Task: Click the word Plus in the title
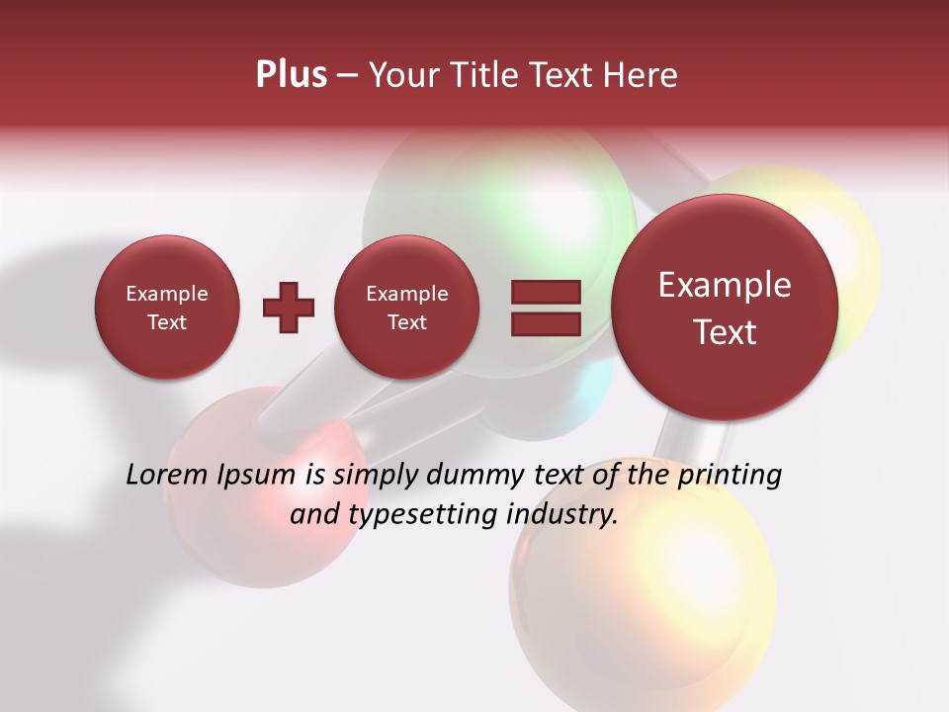(291, 75)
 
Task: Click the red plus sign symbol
(289, 308)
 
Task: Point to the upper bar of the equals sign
(546, 292)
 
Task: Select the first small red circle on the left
(167, 308)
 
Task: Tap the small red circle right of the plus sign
(406, 308)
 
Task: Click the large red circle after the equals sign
(725, 308)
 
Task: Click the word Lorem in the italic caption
(167, 476)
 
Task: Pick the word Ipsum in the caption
(257, 476)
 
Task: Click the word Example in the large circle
(725, 285)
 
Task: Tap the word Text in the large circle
(725, 332)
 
